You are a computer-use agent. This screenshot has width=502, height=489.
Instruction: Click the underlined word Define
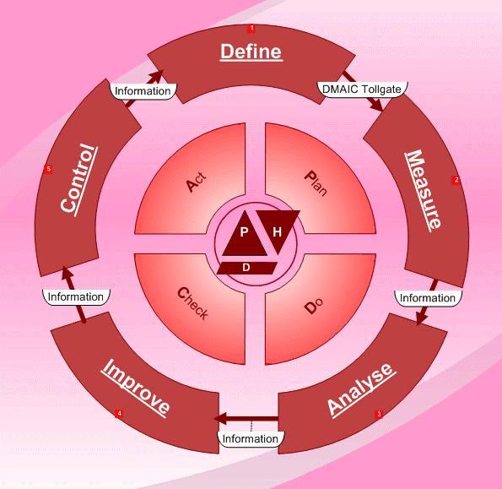click(x=251, y=52)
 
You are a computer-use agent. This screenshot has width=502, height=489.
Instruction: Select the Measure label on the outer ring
click(x=424, y=190)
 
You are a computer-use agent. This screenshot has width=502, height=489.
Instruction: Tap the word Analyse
click(x=361, y=389)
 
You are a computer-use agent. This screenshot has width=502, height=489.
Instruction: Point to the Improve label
click(x=136, y=388)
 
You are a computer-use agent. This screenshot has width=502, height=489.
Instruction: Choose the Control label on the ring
click(x=79, y=179)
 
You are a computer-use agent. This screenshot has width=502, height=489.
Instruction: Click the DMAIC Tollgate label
click(x=362, y=90)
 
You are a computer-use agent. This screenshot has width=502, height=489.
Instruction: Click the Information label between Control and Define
click(x=143, y=91)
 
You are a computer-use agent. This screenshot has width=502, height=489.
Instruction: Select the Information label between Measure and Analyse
click(x=428, y=298)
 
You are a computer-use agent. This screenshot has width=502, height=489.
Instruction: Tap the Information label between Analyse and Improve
click(x=251, y=439)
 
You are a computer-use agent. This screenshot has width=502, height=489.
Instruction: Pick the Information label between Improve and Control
click(x=76, y=297)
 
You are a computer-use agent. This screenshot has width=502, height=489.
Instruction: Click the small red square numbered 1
click(x=251, y=28)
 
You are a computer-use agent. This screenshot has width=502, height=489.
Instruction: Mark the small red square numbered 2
click(x=456, y=180)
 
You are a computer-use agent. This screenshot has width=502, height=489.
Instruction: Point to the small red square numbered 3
click(x=379, y=414)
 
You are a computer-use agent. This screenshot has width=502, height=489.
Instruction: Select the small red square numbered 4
click(x=119, y=413)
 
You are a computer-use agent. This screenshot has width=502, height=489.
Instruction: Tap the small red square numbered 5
click(x=48, y=169)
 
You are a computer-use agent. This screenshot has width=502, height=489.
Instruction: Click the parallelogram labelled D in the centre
click(x=247, y=268)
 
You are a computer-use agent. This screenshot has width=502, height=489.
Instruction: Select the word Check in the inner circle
click(x=192, y=303)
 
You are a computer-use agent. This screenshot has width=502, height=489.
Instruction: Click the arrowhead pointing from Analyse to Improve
click(x=220, y=419)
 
